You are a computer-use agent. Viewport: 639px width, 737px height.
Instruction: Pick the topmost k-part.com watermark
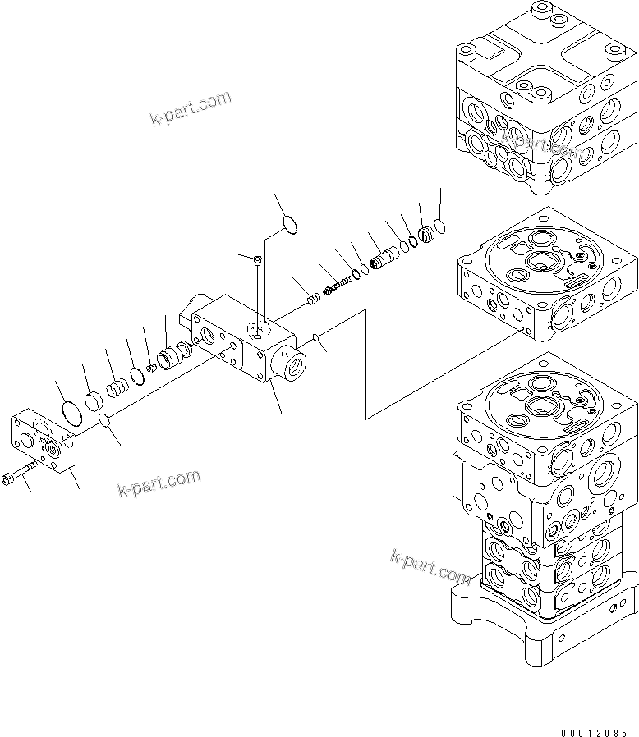191,109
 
